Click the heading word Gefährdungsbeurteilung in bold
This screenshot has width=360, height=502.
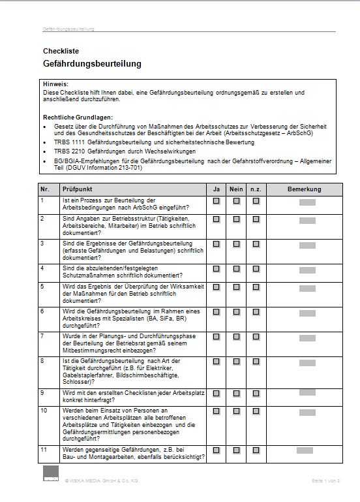tap(92, 64)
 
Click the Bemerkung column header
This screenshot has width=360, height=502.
tap(305, 189)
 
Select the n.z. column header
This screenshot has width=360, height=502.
tap(256, 189)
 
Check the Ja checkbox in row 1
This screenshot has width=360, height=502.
tap(216, 201)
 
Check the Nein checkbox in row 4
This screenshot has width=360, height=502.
tap(236, 268)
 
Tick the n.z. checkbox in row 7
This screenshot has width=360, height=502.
tap(256, 336)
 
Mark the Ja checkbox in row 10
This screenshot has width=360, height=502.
tap(216, 411)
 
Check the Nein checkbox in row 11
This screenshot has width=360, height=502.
tap(236, 450)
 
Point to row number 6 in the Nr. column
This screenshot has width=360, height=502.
tap(43, 311)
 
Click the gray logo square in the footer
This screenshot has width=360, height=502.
tap(51, 475)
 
